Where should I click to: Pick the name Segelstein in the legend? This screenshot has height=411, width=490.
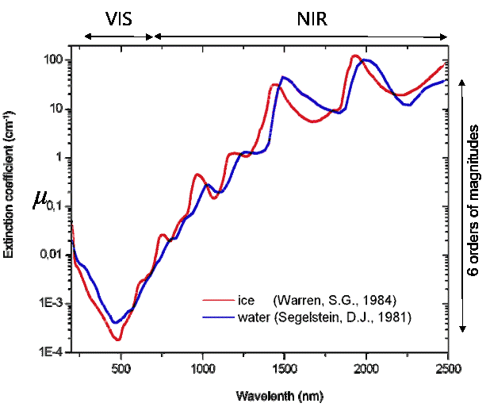[x=315, y=318]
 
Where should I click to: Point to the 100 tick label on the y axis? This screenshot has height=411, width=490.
[x=53, y=60]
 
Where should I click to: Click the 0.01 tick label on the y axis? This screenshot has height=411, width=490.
[x=51, y=255]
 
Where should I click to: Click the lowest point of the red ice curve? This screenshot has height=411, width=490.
[x=117, y=340]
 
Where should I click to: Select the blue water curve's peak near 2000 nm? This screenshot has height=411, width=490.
[x=368, y=60]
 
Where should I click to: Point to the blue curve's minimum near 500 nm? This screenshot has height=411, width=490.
[x=115, y=323]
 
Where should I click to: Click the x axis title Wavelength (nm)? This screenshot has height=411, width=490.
[x=279, y=394]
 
